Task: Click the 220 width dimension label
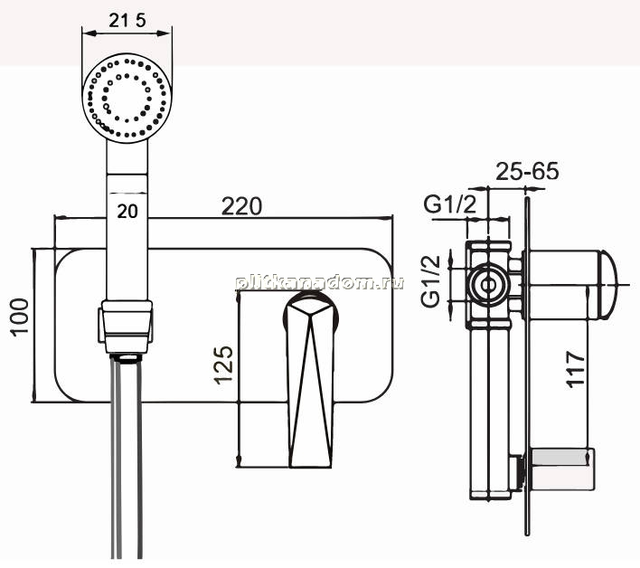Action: tap(241, 206)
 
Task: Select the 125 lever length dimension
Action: tap(223, 364)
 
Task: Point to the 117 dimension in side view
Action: tap(576, 369)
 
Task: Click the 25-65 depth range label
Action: tap(527, 171)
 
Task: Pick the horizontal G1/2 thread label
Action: tap(450, 204)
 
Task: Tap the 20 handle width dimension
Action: tap(127, 212)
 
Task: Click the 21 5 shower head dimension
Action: tap(127, 20)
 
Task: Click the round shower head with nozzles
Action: tap(127, 98)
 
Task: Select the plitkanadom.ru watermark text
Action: tap(320, 282)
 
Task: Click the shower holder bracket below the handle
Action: tap(127, 326)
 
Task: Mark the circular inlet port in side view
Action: tap(488, 286)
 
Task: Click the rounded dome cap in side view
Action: tap(608, 284)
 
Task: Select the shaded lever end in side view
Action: tap(560, 457)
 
